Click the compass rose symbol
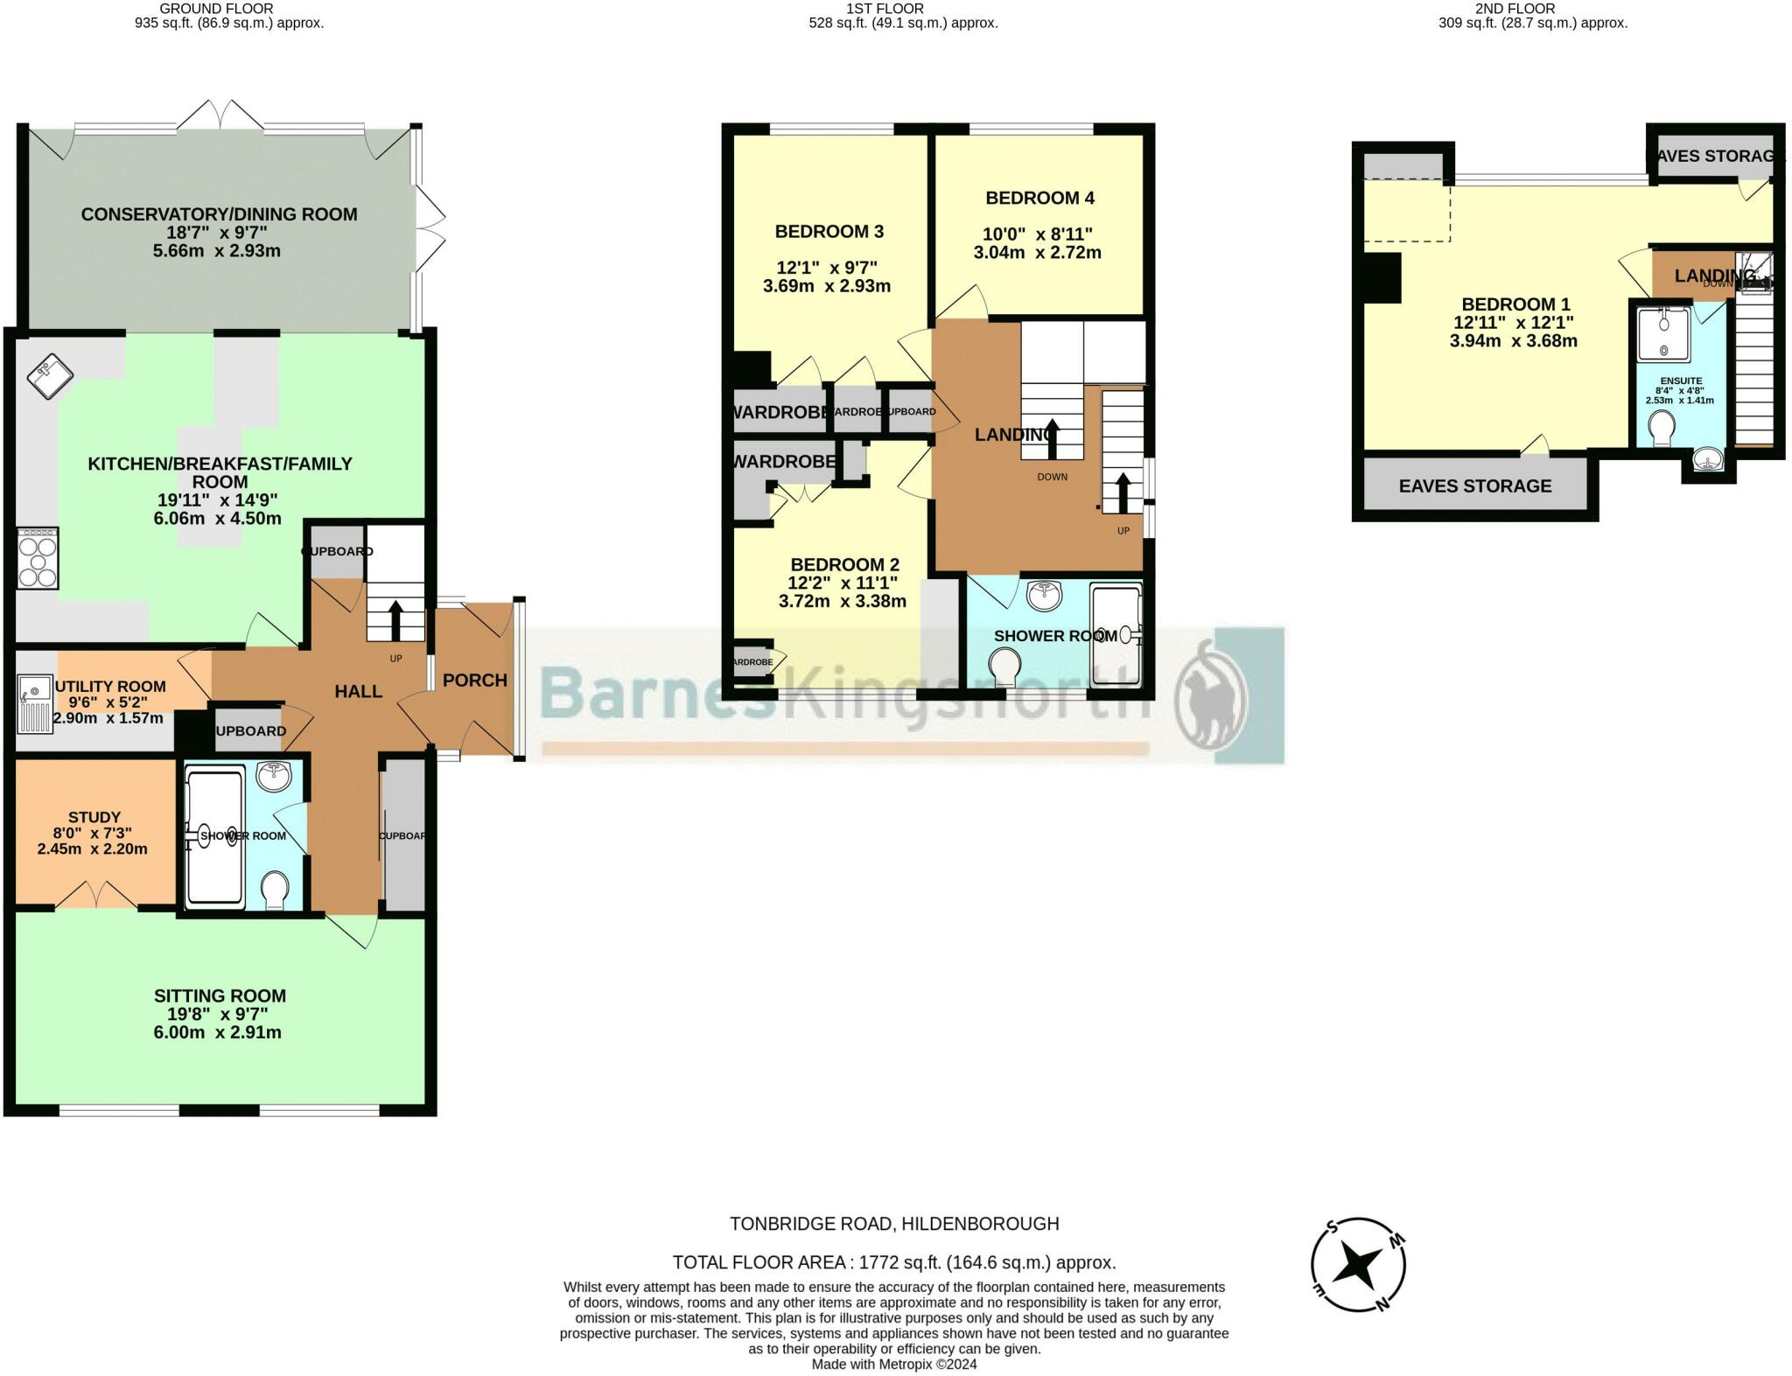[1358, 1265]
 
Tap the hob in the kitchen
[38, 558]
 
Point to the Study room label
[94, 817]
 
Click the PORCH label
[474, 681]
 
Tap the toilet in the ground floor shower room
[276, 889]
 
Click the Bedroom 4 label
[1039, 198]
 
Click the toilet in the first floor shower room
[1005, 669]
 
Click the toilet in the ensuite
[1661, 429]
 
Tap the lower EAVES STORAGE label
[1474, 486]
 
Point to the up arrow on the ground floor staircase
[395, 619]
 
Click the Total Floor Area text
[893, 1262]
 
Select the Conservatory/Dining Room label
[219, 214]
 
